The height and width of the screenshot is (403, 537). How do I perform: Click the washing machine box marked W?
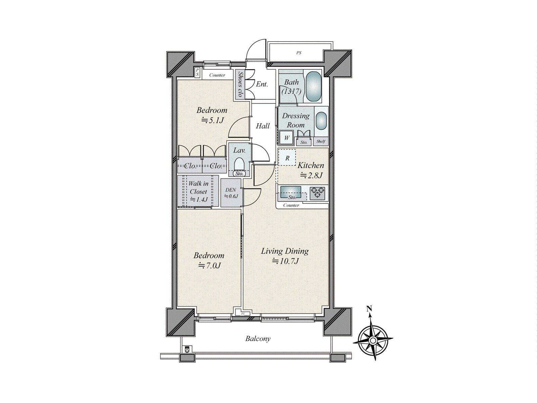coord(287,138)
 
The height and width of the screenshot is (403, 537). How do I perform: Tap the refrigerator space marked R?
coord(287,158)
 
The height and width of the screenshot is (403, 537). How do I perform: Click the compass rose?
coord(373,340)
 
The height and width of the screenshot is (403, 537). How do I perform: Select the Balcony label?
coord(258,339)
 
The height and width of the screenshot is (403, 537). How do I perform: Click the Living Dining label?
coord(285,251)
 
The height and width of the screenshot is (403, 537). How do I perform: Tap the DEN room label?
coord(231,190)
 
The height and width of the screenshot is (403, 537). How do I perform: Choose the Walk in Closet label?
coord(198,187)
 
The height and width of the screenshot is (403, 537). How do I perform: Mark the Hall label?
coord(263,126)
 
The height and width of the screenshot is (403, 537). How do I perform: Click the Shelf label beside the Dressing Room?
coord(321,141)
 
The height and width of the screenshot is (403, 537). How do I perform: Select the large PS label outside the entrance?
coord(299,53)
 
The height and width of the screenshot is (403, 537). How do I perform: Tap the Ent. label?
coord(262,84)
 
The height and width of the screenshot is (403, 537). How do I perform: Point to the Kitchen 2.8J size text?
coord(311,175)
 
